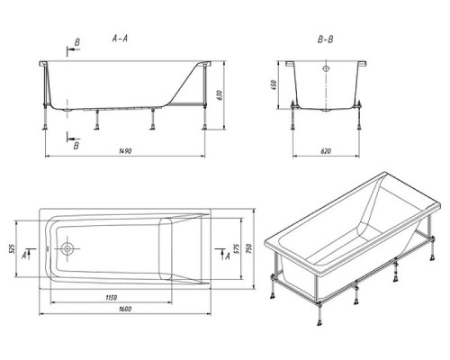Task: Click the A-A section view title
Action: point(120,39)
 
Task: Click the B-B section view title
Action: point(326,40)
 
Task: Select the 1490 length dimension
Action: point(125,151)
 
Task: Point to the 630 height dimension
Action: point(220,94)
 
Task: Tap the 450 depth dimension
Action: point(274,85)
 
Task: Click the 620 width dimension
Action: point(326,151)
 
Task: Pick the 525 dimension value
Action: point(12,248)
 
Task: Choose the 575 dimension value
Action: point(236,248)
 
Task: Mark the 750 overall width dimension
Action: point(249,248)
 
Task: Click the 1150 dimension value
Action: point(112,297)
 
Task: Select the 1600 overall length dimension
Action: point(125,309)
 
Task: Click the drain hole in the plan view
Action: point(67,248)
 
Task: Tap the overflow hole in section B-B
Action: point(326,68)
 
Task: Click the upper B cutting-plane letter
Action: point(77,42)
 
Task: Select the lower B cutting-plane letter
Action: point(76,146)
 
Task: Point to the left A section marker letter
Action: point(24,256)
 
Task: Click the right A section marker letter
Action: point(228,256)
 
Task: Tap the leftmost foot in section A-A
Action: point(45,127)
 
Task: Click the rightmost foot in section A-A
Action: point(204,127)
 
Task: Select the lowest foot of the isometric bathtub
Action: point(319,322)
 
